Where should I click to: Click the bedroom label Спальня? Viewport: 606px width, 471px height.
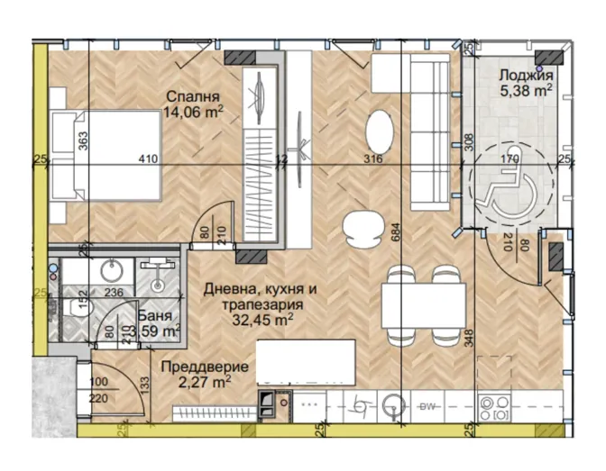click(x=193, y=96)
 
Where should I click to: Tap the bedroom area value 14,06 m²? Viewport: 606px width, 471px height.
click(x=193, y=113)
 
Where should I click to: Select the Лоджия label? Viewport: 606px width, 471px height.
click(x=526, y=76)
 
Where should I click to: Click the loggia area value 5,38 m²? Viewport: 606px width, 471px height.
click(x=526, y=91)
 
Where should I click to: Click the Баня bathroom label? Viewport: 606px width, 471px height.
click(x=154, y=315)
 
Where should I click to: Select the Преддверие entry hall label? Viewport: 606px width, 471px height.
click(x=205, y=366)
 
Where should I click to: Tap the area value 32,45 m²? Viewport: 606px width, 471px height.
click(x=262, y=320)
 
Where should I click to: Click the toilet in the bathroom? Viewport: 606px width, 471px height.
click(x=78, y=308)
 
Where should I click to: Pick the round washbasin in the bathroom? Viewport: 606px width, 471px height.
click(x=112, y=269)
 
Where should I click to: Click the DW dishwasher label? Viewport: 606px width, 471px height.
click(x=427, y=406)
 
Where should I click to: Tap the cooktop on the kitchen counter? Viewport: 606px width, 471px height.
click(x=494, y=407)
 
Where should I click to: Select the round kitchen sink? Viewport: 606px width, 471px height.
click(x=393, y=406)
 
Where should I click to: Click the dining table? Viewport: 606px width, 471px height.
click(x=424, y=305)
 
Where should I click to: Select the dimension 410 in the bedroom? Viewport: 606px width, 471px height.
click(x=149, y=159)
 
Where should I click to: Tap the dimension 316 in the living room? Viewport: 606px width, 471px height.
click(x=373, y=159)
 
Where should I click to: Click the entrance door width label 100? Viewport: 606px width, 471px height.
click(x=98, y=382)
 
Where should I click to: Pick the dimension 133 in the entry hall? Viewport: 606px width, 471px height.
click(x=144, y=384)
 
